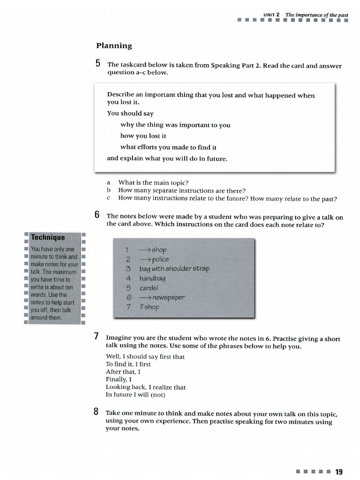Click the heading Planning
114,46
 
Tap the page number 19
339,471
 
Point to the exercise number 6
97,215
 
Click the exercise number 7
97,336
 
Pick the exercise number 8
97,412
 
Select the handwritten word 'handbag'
152,278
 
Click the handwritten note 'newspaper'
168,298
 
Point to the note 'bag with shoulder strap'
174,269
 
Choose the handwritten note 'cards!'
150,288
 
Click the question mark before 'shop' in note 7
142,307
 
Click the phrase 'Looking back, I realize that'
146,387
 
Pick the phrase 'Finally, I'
119,379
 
